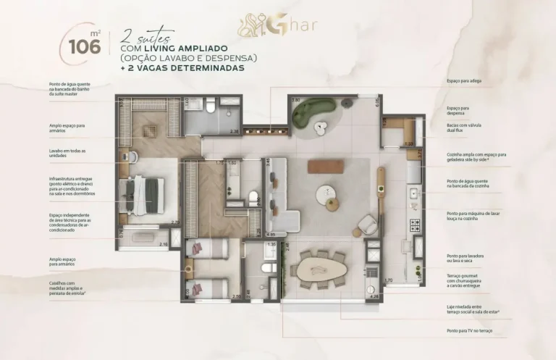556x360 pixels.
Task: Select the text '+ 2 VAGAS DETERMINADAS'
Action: (x=183, y=68)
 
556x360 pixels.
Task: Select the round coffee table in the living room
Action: (x=326, y=193)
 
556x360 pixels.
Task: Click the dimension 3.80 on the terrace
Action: (x=295, y=100)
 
